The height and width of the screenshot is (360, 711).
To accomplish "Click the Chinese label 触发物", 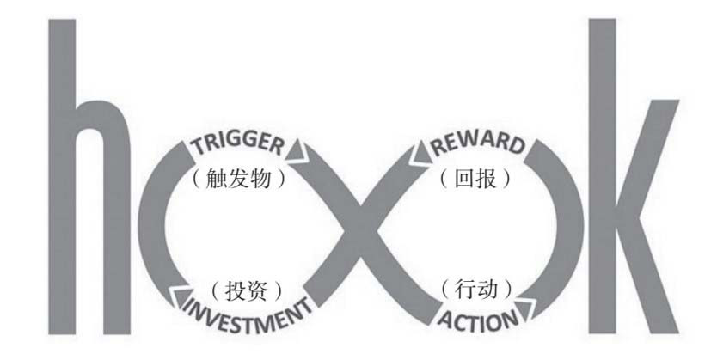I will coord(239,180).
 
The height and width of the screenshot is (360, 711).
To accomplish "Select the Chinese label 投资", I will coord(246,287).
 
